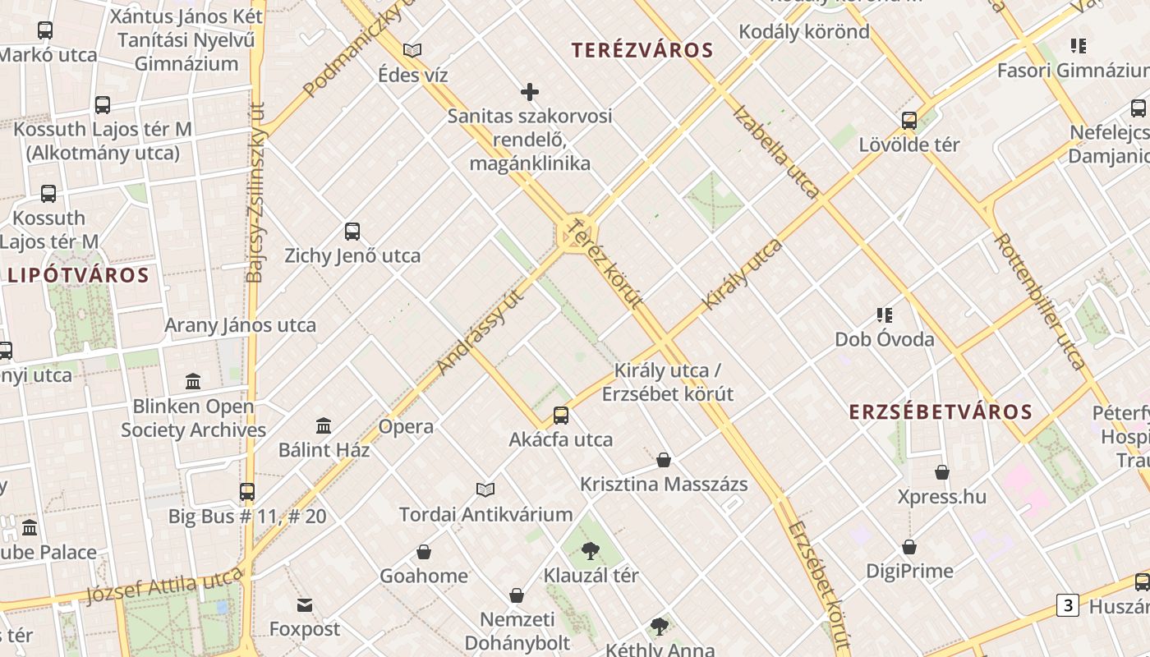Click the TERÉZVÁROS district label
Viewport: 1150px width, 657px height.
[642, 50]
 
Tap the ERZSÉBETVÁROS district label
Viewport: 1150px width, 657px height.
[941, 411]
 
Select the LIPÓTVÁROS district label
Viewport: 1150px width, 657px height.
[79, 275]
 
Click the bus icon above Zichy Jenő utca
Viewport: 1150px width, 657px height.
[352, 232]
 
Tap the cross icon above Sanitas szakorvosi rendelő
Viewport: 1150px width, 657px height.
[530, 92]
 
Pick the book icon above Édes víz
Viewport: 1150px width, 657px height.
[412, 51]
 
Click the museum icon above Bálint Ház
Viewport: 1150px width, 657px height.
[324, 426]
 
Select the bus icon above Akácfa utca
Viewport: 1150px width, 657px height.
[561, 416]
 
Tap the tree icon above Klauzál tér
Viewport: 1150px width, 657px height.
[591, 551]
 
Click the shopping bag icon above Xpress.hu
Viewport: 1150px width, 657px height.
[942, 473]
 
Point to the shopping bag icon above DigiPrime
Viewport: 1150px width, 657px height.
[909, 547]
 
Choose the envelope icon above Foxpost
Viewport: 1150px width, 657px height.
[305, 606]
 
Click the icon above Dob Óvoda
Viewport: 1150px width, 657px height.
[885, 315]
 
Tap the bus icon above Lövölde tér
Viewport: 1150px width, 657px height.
[909, 121]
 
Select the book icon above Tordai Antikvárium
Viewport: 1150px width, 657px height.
[485, 490]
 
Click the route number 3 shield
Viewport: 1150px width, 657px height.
[1067, 606]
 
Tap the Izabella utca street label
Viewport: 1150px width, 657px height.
[775, 151]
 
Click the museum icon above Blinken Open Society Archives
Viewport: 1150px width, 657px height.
[193, 382]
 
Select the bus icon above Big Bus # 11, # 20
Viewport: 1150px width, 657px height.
[247, 492]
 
